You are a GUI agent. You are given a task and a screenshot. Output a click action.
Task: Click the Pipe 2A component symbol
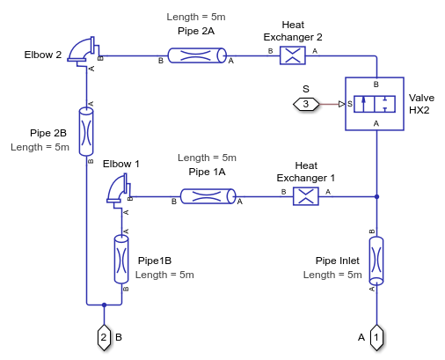click(197, 55)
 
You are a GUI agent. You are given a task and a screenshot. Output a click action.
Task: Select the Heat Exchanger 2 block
click(293, 55)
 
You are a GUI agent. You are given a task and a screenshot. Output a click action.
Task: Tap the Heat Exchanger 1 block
click(306, 196)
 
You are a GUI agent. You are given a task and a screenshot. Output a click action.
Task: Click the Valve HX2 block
click(375, 104)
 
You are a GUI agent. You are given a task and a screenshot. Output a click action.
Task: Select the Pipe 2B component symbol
click(86, 131)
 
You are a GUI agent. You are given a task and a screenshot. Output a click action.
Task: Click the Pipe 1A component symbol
click(208, 196)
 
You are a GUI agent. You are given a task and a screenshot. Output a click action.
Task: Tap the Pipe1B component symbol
click(121, 259)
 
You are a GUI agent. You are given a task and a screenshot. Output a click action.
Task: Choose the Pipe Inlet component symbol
click(376, 261)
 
